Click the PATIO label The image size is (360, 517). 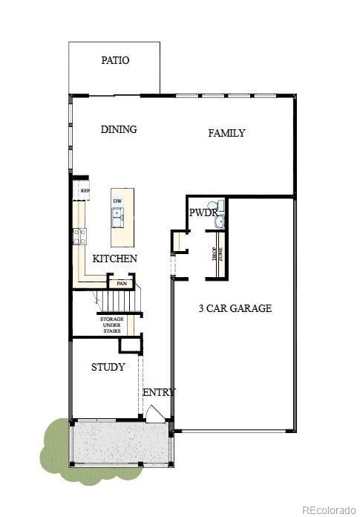(115, 60)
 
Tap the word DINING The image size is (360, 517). (119, 129)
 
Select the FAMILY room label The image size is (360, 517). (226, 133)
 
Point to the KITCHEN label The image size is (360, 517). (114, 258)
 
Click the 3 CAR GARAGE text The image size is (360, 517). (235, 308)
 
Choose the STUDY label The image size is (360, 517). (108, 367)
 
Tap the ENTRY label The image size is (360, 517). (159, 392)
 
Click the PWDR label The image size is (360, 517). (202, 213)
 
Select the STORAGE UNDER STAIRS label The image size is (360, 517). (112, 325)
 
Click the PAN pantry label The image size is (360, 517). (122, 283)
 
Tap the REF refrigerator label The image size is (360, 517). (85, 191)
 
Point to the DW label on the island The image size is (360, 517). (117, 201)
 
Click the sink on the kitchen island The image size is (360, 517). (117, 216)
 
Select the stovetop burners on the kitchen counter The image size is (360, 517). (79, 236)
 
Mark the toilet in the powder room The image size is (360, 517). (213, 205)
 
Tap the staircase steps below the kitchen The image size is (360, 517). (120, 302)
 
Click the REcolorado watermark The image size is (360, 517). (328, 509)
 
